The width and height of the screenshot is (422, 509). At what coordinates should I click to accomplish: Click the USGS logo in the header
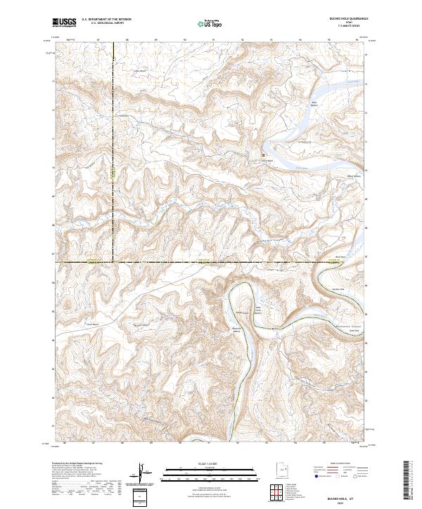coord(65,22)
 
